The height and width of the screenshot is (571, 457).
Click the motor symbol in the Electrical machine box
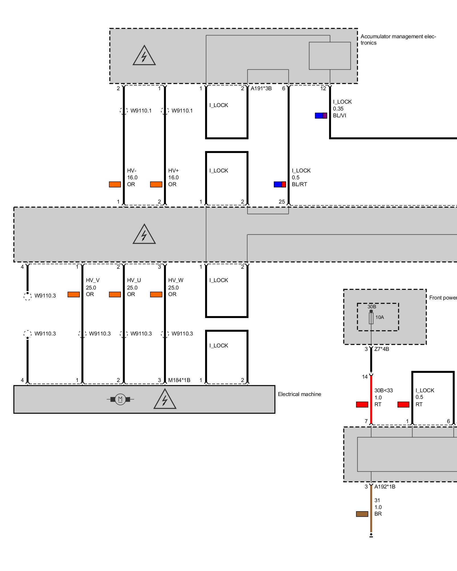pos(120,399)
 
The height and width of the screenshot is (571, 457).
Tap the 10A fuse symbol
pos(371,318)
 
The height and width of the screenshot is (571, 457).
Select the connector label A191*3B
pos(261,89)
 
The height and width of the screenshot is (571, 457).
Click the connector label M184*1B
pos(179,380)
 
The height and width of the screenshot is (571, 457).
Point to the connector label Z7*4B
pos(382,349)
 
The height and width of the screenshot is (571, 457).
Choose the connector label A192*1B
pos(385,486)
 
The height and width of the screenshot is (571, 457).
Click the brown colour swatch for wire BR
pos(362,514)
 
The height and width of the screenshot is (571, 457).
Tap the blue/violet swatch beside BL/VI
pos(321,116)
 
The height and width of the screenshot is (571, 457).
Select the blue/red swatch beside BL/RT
pos(280,184)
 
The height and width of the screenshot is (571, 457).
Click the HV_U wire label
pos(134,280)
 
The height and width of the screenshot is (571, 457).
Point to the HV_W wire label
pos(176,280)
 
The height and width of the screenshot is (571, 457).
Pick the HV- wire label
pos(132,170)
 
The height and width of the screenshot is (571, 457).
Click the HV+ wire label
pos(173,170)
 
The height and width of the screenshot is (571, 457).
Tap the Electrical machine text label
pos(299,394)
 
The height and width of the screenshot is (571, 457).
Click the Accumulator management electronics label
pos(398,40)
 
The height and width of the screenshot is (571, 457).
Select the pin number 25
pos(282,202)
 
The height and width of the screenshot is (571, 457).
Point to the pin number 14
pos(365,377)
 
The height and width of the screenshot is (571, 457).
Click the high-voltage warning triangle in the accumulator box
pos(144,56)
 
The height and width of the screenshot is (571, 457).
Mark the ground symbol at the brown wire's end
pos(371,535)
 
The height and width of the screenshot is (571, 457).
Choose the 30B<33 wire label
pos(383,390)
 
